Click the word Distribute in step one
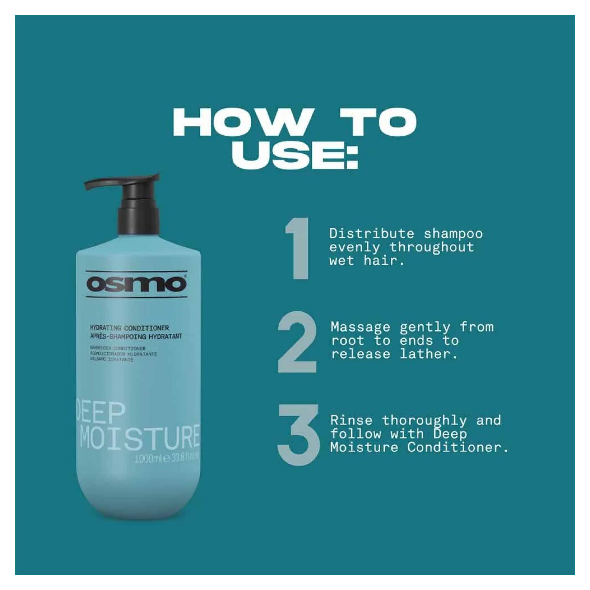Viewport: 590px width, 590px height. click(371, 234)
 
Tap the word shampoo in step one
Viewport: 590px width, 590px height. click(453, 234)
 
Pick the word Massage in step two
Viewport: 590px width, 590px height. click(360, 327)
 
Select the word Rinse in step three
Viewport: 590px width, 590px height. click(351, 420)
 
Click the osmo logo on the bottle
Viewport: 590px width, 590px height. click(136, 284)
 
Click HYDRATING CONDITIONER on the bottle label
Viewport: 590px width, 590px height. click(130, 328)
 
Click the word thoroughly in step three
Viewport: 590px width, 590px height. click(424, 420)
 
